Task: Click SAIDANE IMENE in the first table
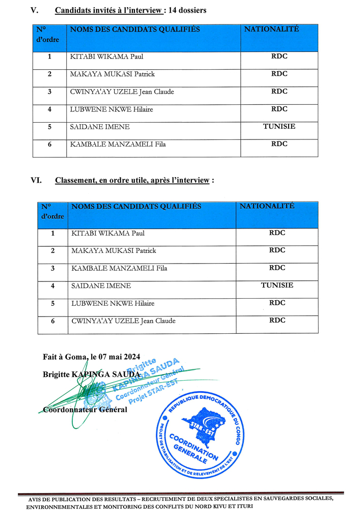pyautogui.click(x=100, y=127)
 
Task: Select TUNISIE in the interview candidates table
pyautogui.click(x=279, y=126)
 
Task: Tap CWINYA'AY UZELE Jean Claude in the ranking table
pyautogui.click(x=123, y=321)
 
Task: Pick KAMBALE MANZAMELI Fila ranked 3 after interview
pyautogui.click(x=119, y=268)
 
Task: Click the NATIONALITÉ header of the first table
pyautogui.click(x=272, y=29)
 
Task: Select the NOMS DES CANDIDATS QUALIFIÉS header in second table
pyautogui.click(x=136, y=206)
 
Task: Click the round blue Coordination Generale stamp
pyautogui.click(x=199, y=435)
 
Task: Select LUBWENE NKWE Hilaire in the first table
pyautogui.click(x=112, y=109)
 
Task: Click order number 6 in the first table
pyautogui.click(x=50, y=144)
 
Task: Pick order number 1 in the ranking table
pyautogui.click(x=53, y=233)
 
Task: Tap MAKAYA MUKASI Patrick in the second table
pyautogui.click(x=114, y=250)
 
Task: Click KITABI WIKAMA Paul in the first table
pyautogui.click(x=107, y=56)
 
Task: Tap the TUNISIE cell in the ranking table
pyautogui.click(x=277, y=285)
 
